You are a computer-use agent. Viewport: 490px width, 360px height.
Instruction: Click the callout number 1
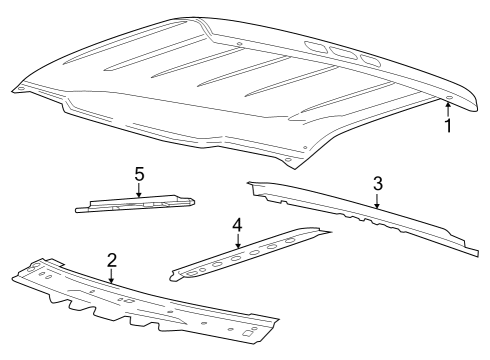point(448,127)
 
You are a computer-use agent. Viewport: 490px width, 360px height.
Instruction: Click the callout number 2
point(112,260)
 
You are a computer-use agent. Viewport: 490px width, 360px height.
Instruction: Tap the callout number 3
point(377,183)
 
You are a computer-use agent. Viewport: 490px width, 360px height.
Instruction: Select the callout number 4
point(237,225)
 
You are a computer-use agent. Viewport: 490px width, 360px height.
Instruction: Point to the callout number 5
point(139,173)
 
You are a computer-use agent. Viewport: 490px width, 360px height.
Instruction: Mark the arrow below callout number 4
point(237,241)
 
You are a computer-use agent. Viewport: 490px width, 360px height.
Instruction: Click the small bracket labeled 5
point(135,204)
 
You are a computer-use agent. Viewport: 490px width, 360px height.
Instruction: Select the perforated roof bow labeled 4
point(250,253)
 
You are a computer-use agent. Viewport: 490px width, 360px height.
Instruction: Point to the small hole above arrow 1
point(448,98)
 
